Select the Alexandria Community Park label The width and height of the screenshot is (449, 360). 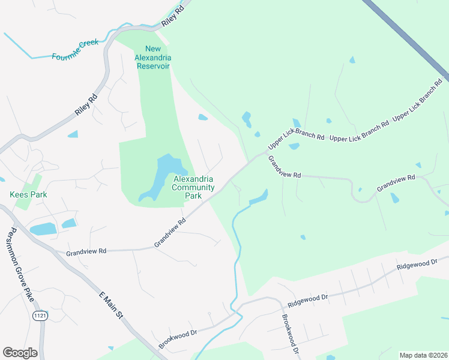click(x=194, y=187)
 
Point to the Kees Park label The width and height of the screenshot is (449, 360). click(x=28, y=194)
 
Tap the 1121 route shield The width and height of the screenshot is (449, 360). click(x=40, y=315)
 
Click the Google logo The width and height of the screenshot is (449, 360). click(x=20, y=353)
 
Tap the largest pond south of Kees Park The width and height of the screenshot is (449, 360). click(x=42, y=229)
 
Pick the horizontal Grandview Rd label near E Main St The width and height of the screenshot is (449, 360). click(x=86, y=251)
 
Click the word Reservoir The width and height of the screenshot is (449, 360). click(x=155, y=65)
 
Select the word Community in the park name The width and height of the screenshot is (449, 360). click(x=194, y=187)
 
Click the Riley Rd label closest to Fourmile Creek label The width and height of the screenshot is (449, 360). click(x=86, y=104)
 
